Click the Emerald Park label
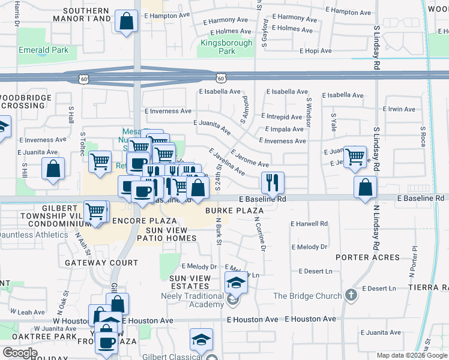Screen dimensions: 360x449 [43, 50]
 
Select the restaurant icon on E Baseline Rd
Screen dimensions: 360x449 [273, 182]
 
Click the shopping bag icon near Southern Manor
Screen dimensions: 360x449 [127, 22]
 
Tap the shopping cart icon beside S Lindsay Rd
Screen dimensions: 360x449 [355, 157]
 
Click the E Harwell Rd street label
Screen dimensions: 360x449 [309, 224]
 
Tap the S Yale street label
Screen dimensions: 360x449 [333, 123]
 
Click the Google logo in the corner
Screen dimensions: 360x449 [20, 352]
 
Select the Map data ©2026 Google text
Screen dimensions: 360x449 [412, 355]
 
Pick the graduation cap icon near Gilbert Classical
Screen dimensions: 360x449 [201, 340]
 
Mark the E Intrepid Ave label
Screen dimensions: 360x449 [282, 116]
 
